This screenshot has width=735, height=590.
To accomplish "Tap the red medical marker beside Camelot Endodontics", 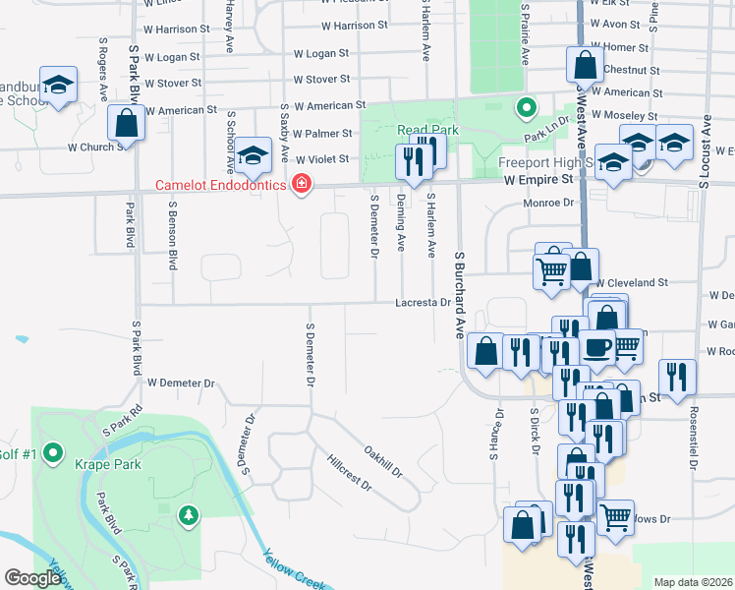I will coord(301,185).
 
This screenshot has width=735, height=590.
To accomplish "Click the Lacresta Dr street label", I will coord(423,303).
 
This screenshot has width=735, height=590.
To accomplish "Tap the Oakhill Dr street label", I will coord(383,462).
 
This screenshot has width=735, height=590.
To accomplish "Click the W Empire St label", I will coord(538,181).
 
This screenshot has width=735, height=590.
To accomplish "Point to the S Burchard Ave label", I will coord(459,295).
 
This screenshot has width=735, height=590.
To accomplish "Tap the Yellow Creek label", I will coord(294,571).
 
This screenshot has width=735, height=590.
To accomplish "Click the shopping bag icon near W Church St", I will coord(126,124).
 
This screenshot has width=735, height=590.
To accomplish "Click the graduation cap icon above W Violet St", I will coord(253,155).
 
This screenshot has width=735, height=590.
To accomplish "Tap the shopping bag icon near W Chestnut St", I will coord(585,66).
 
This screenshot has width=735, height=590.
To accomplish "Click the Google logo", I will coord(32,578).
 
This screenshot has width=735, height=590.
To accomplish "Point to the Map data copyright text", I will coord(693,582).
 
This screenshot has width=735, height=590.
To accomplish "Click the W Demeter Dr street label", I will coord(181,383).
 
